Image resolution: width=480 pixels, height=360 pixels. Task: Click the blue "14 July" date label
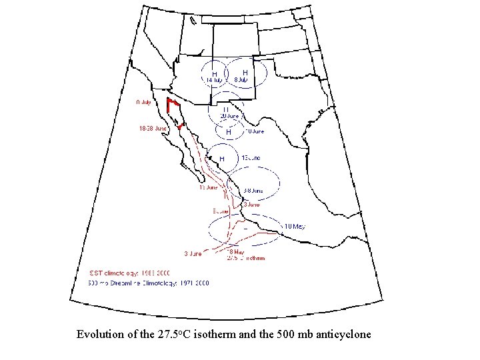[x=214, y=81]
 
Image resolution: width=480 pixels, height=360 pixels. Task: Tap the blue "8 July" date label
[x=241, y=80]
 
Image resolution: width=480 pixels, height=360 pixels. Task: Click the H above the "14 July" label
[x=215, y=73]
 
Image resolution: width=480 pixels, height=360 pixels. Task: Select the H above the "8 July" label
[x=245, y=72]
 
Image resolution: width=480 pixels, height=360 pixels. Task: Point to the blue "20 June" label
[x=229, y=116]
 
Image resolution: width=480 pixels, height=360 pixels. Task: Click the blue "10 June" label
[x=255, y=131]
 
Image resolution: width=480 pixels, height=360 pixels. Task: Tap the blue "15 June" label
[x=251, y=157]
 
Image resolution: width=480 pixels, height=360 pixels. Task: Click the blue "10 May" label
[x=295, y=227]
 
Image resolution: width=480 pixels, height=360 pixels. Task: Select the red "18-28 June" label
[x=153, y=128]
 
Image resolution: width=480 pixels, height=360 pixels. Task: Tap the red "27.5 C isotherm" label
[x=247, y=257]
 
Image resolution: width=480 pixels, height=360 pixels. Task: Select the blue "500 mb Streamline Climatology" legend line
[x=149, y=283]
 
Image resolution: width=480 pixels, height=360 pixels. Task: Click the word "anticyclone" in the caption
[x=341, y=334]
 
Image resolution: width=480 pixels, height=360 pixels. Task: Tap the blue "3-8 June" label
[x=253, y=190]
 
